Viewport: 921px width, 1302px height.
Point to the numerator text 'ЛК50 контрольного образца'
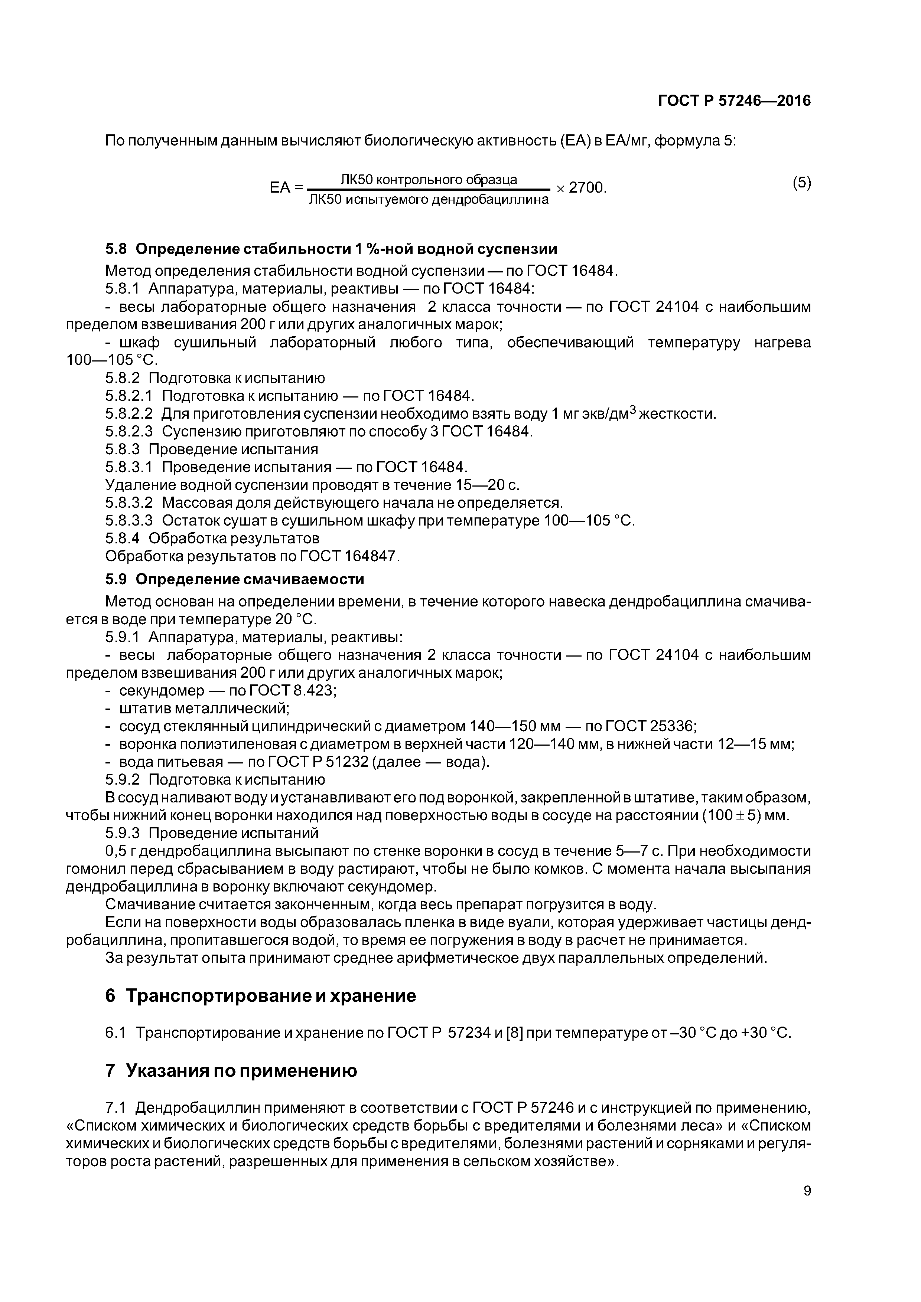click(429, 180)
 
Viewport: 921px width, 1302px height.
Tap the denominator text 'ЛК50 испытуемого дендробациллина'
click(429, 200)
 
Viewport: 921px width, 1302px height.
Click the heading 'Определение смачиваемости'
click(250, 579)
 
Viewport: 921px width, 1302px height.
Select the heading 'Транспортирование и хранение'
click(271, 996)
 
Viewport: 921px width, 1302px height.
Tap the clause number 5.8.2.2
click(129, 414)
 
